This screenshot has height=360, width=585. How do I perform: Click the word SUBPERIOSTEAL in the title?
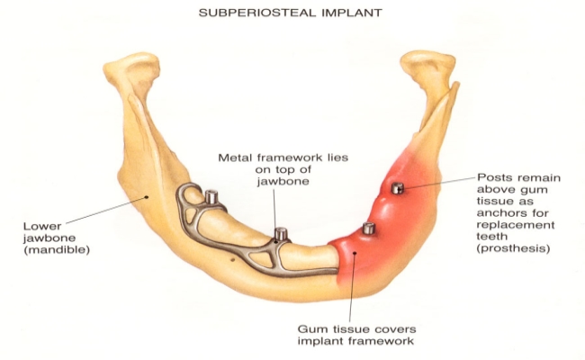tap(257, 13)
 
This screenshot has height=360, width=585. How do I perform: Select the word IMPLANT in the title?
tap(352, 13)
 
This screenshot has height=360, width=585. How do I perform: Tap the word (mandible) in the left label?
tap(57, 249)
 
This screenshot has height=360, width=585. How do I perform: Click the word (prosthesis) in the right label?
tap(513, 248)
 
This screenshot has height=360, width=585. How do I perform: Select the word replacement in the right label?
tap(516, 225)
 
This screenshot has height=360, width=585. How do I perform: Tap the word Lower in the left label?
tap(42, 226)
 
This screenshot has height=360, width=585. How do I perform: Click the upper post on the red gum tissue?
tap(397, 188)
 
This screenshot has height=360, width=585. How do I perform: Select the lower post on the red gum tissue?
tap(369, 228)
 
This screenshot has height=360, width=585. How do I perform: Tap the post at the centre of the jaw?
tap(280, 234)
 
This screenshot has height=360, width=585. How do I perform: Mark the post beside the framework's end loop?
tap(211, 196)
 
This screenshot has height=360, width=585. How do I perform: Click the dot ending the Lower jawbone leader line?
tap(147, 196)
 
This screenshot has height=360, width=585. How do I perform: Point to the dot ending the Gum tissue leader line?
tap(355, 253)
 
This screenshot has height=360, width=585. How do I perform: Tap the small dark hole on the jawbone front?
tap(232, 259)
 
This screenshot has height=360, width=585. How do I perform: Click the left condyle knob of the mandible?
tap(132, 67)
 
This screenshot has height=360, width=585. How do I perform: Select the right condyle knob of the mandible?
tap(429, 66)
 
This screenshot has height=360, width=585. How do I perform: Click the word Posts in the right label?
tap(493, 177)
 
